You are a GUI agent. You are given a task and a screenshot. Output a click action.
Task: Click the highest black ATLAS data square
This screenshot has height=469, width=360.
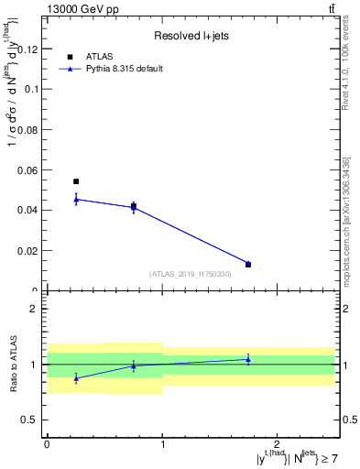[x=76, y=181]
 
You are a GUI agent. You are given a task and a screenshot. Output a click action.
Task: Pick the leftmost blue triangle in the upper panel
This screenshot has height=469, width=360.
[x=76, y=199]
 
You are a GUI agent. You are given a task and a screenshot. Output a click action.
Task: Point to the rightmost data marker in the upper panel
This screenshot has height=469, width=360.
[x=248, y=265]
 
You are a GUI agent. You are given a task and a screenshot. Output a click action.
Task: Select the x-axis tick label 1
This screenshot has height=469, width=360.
[x=162, y=444]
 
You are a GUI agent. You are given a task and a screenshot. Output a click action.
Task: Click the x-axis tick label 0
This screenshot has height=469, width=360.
[x=47, y=444]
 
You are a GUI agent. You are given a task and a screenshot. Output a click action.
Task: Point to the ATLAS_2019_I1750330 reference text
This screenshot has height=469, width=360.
[x=190, y=274]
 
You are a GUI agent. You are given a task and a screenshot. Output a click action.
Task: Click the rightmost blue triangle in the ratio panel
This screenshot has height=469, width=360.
[x=248, y=359]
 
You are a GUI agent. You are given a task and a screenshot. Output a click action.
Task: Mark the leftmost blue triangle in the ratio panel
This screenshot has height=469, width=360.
[x=76, y=377]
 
